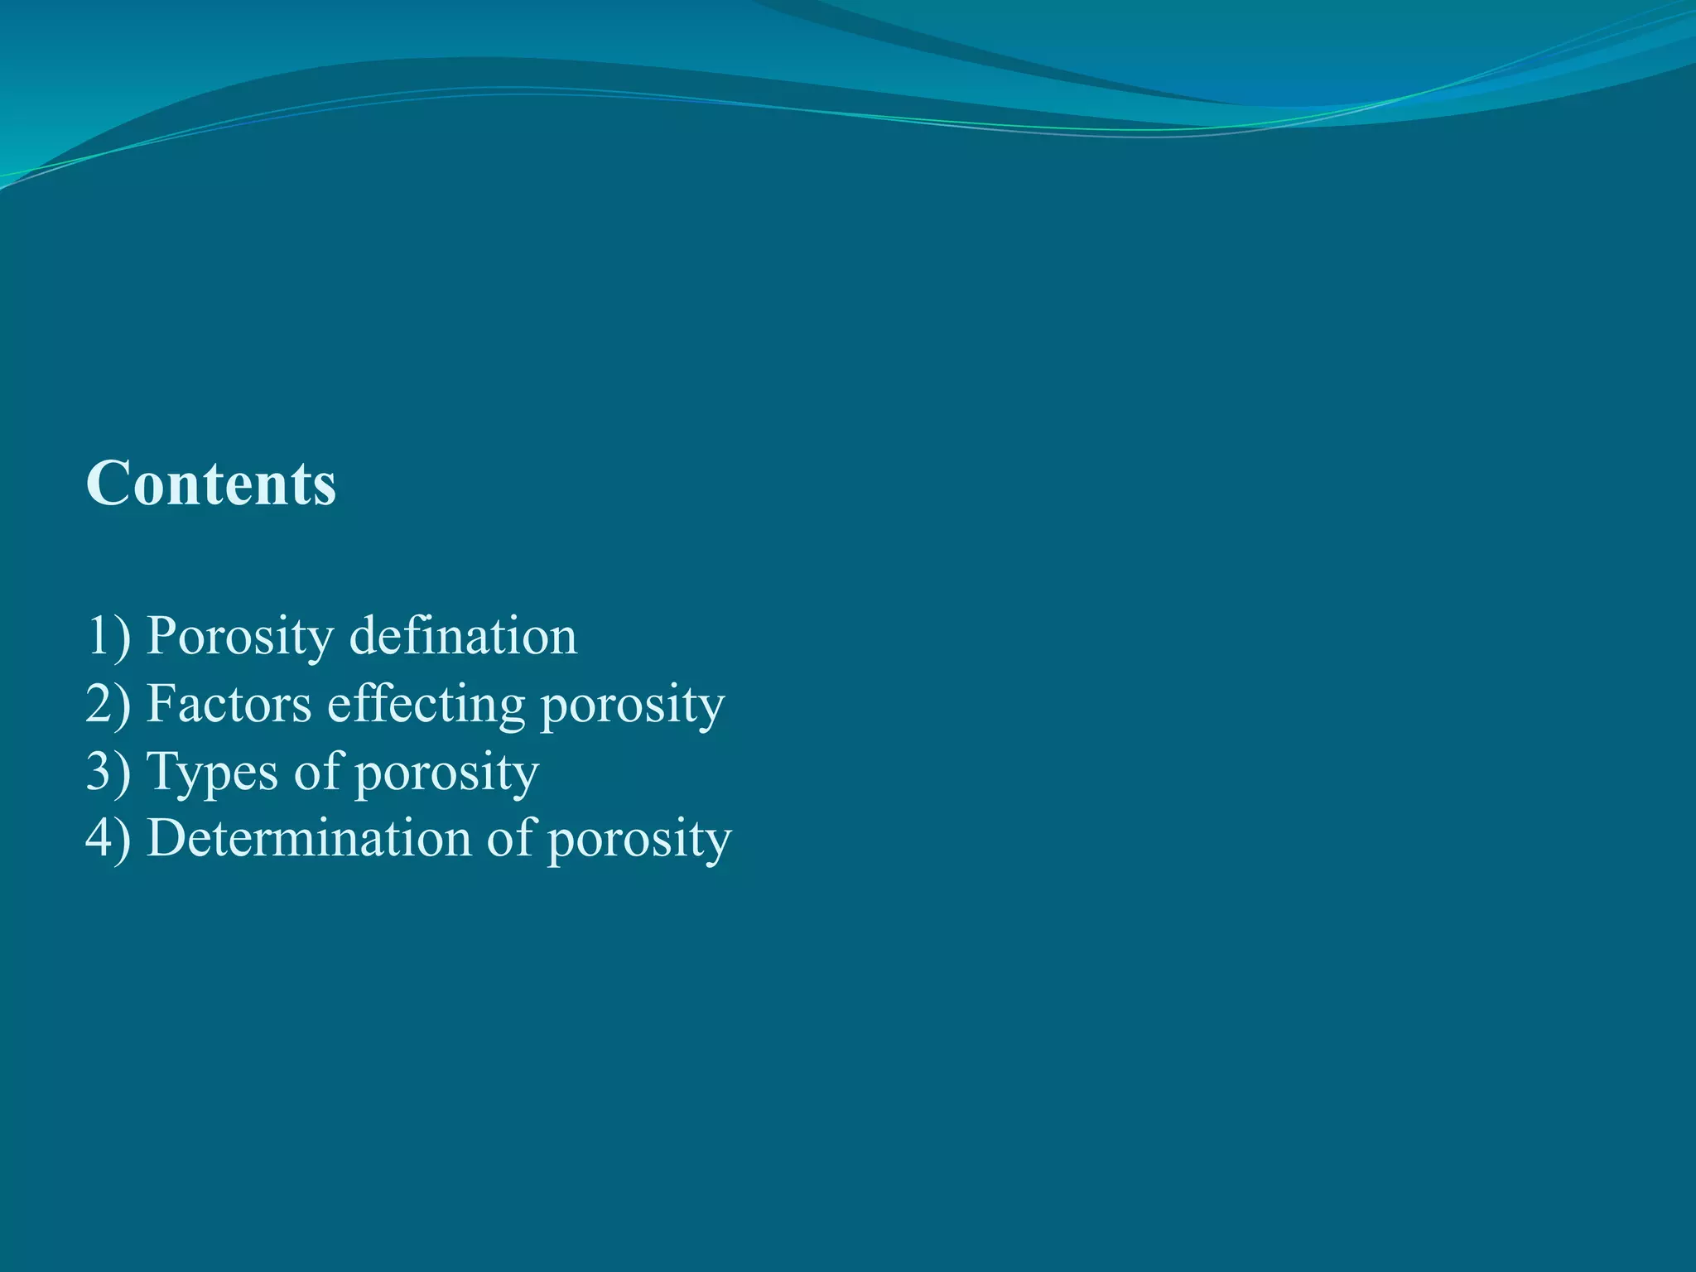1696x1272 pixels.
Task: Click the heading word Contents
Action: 211,483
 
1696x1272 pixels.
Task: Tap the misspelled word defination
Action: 463,637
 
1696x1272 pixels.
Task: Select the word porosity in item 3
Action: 447,775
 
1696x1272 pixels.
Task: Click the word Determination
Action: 309,839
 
